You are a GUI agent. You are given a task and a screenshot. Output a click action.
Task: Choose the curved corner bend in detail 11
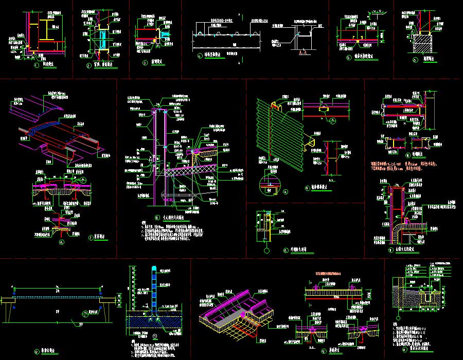397,226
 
